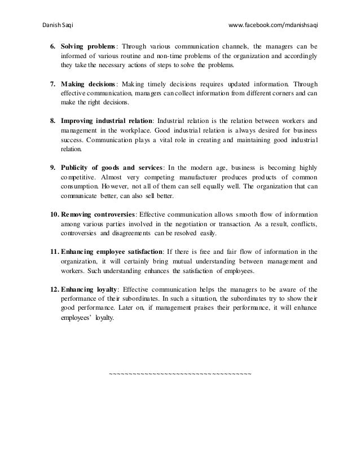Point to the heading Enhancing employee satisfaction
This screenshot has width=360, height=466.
(x=112, y=252)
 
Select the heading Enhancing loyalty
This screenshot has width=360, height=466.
(x=91, y=289)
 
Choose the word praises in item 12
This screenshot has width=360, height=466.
(x=229, y=309)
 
